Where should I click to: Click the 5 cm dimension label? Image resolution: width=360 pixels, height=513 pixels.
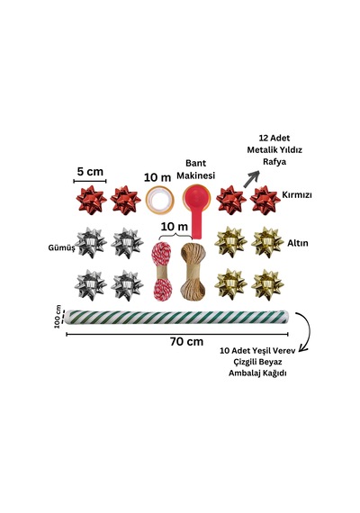[x=90, y=171]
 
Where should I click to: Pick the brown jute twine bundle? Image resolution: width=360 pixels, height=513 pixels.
[x=192, y=271]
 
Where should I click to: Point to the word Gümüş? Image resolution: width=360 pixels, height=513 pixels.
[x=61, y=247]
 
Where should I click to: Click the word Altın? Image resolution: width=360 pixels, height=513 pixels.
[x=298, y=243]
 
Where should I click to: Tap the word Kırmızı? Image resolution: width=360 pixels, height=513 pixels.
[x=297, y=195]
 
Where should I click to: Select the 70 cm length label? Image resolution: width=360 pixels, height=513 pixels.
[x=186, y=342]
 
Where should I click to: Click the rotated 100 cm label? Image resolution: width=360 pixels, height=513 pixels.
[x=58, y=317]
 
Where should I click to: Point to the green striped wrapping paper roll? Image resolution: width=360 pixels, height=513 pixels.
[x=177, y=317]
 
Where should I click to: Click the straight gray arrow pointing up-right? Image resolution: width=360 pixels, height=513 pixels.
[x=251, y=179]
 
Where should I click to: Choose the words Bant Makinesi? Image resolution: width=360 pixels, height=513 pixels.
[x=195, y=169]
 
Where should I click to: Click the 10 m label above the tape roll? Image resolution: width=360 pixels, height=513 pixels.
[x=157, y=177]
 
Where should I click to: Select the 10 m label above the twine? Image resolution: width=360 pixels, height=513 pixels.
[x=175, y=226]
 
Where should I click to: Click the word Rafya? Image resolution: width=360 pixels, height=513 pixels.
[x=274, y=162]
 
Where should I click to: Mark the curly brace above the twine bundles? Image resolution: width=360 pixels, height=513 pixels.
[x=176, y=236]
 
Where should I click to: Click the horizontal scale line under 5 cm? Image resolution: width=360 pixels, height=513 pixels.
[x=90, y=181]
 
